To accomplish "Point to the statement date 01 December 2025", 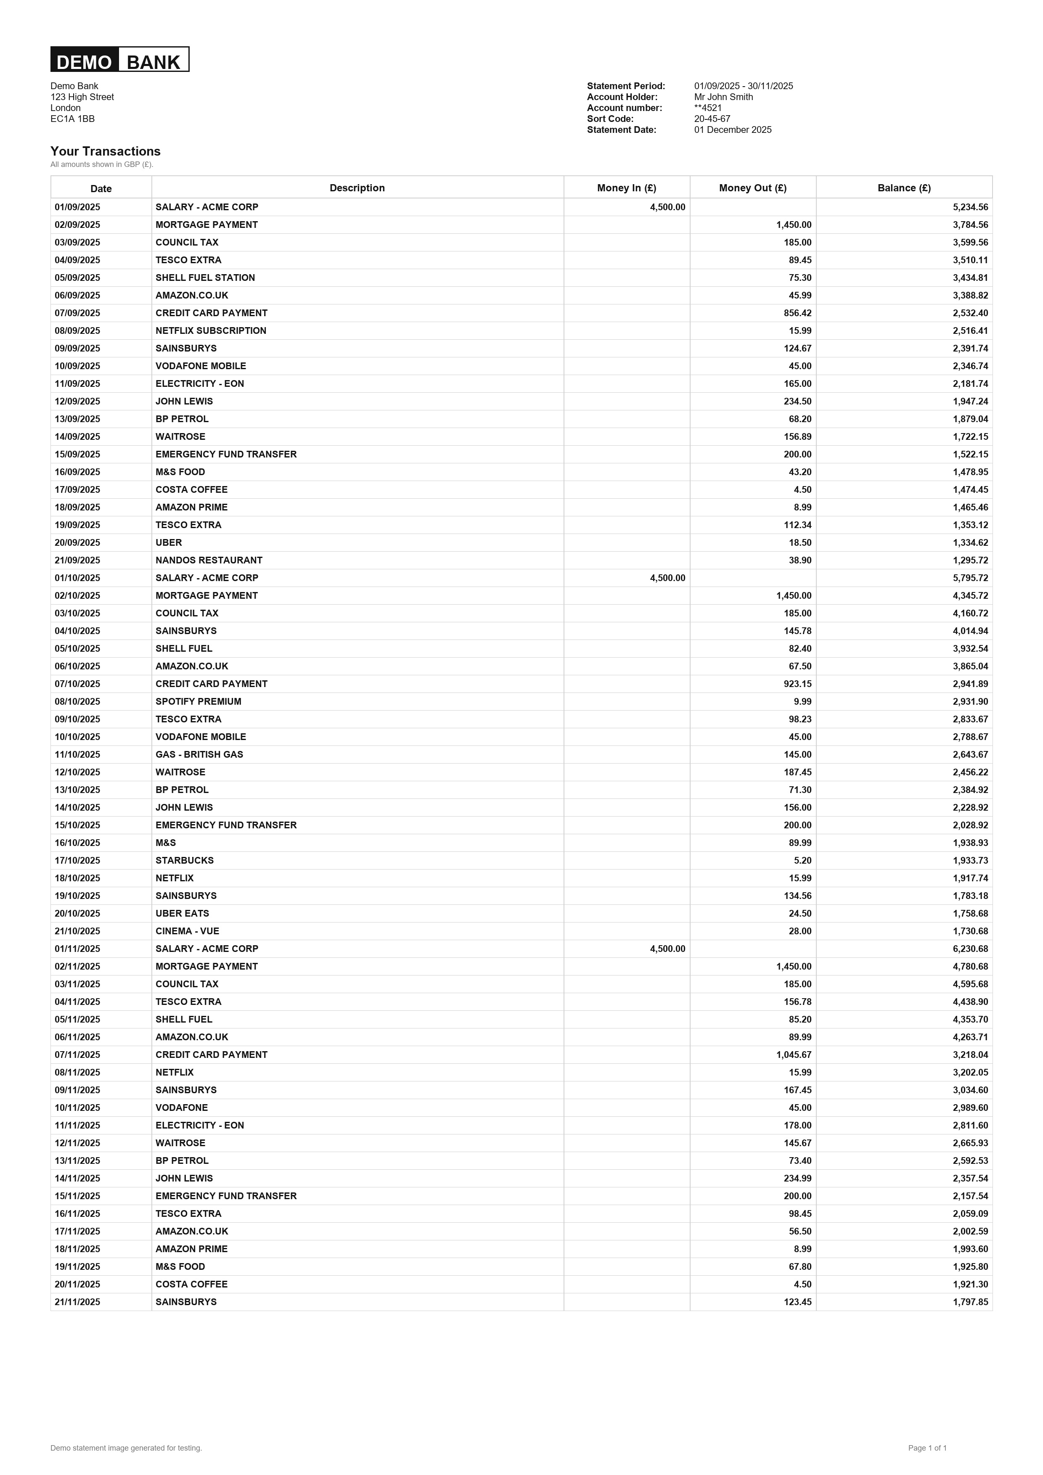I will (x=733, y=130).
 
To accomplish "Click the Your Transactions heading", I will (x=106, y=152).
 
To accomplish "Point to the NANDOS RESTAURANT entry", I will (x=209, y=561).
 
